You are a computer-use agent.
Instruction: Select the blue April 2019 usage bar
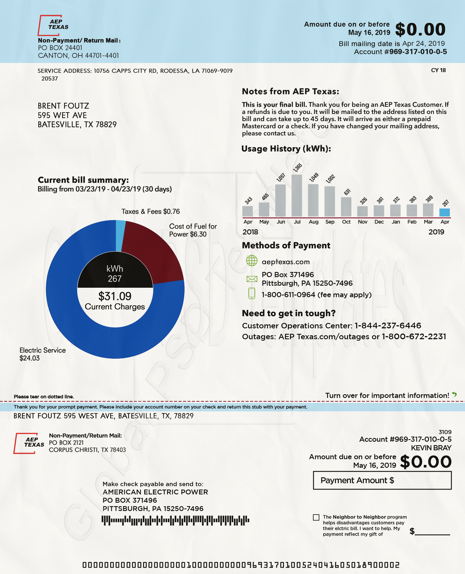tap(444, 212)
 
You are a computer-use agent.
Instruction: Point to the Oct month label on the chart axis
tap(346, 222)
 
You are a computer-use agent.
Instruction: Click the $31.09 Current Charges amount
tap(115, 296)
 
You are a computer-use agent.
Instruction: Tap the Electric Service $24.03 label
tap(42, 354)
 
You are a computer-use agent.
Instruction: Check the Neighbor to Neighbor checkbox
tap(316, 517)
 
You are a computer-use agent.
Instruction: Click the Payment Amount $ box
tap(382, 480)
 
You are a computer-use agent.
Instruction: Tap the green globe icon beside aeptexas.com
tap(252, 261)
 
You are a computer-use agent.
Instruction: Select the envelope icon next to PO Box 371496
tap(252, 279)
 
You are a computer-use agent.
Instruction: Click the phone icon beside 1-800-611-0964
tap(252, 293)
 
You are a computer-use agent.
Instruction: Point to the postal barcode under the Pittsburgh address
tap(175, 520)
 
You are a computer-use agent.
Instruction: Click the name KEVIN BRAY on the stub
tap(431, 448)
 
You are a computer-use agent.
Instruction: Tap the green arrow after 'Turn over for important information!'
tap(454, 394)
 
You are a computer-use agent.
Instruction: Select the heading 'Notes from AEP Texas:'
tap(290, 91)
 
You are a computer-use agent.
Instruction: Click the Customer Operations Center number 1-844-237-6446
tap(388, 326)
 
